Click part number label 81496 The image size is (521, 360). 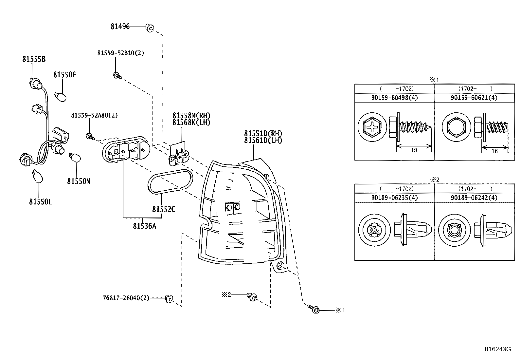[120, 27]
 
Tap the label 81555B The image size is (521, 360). [34, 59]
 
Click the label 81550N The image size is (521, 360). [79, 181]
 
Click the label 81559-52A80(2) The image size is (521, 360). [94, 115]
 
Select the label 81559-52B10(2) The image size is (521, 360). [120, 53]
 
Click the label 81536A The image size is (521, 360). [144, 226]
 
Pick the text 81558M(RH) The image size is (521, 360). [191, 116]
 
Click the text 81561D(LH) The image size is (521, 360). [263, 141]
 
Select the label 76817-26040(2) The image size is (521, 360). [126, 298]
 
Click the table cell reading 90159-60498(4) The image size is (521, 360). [394, 98]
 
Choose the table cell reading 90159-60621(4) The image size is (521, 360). [474, 98]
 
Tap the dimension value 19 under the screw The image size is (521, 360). [414, 150]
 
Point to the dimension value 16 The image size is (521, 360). [494, 151]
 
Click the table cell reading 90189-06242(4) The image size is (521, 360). [474, 198]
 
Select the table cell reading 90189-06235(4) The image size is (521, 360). [394, 198]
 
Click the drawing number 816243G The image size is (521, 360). [497, 349]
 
